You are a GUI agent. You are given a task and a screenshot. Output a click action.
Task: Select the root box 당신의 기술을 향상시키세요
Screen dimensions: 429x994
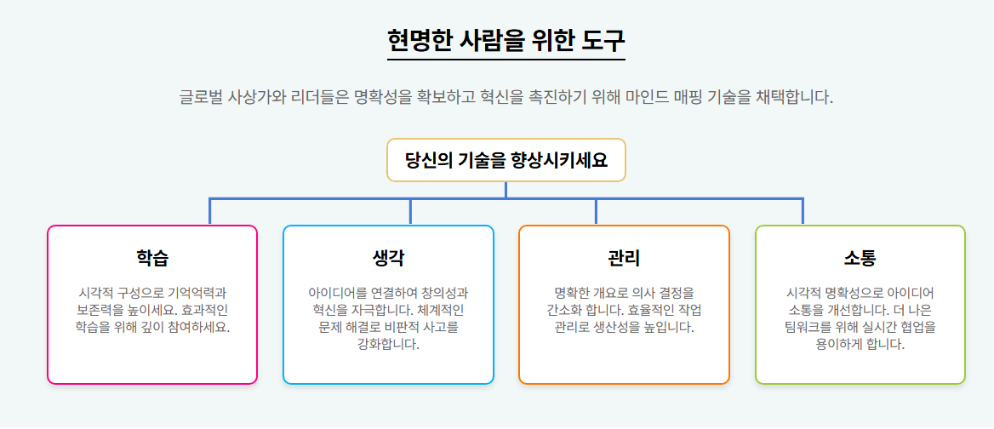tap(506, 160)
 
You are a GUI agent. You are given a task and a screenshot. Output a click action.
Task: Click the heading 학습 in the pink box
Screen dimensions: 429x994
tap(152, 258)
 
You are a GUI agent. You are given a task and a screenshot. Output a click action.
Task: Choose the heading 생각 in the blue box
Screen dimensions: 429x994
tap(388, 258)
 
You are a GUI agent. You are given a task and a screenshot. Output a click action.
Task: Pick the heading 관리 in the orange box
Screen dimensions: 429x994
tap(624, 258)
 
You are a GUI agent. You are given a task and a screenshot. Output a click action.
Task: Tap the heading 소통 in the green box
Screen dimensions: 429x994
tap(860, 258)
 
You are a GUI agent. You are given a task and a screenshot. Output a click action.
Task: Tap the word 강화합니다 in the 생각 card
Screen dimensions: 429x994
tap(388, 345)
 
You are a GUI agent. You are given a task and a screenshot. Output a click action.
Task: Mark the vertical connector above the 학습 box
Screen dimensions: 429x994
tap(210, 211)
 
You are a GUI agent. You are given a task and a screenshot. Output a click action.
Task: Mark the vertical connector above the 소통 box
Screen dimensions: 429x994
tap(803, 211)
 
